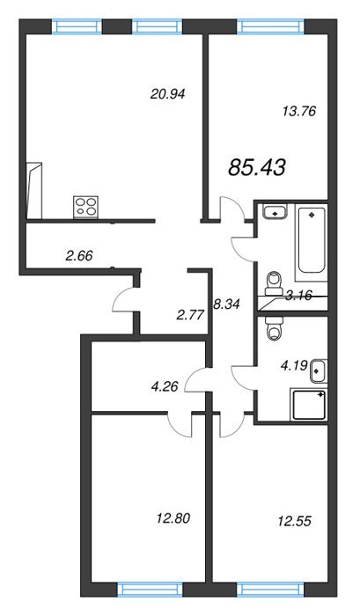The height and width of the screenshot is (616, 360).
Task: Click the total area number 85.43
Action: pyautogui.click(x=257, y=168)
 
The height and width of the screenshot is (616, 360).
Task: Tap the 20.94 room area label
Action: pyautogui.click(x=167, y=94)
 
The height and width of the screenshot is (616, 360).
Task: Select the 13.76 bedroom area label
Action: pyautogui.click(x=299, y=111)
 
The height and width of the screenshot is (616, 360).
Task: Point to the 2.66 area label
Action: pyautogui.click(x=79, y=256)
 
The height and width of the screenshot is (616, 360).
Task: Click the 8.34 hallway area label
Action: pyautogui.click(x=225, y=304)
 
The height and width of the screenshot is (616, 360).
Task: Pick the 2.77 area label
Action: pyautogui.click(x=191, y=315)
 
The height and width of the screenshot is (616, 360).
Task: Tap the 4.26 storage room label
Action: pyautogui.click(x=165, y=386)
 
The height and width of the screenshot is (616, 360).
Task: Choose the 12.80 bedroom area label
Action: pyautogui.click(x=173, y=518)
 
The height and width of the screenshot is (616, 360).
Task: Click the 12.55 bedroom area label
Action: pyautogui.click(x=294, y=521)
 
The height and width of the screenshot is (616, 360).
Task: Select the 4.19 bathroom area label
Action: pyautogui.click(x=293, y=366)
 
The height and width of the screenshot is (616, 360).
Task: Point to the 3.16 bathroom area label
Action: pyautogui.click(x=299, y=296)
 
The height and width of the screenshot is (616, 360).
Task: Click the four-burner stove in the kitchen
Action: pyautogui.click(x=85, y=207)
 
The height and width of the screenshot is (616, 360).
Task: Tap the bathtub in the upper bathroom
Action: pyautogui.click(x=312, y=240)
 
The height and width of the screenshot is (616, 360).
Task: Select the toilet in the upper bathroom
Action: pyautogui.click(x=274, y=282)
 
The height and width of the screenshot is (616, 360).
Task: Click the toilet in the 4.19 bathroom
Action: pyautogui.click(x=274, y=328)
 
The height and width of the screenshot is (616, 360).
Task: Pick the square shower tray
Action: pyautogui.click(x=309, y=404)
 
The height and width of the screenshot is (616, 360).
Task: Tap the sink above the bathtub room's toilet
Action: pyautogui.click(x=275, y=212)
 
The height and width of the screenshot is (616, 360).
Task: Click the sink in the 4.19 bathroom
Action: pyautogui.click(x=318, y=370)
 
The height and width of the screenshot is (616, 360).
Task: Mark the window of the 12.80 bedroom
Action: pyautogui.click(x=151, y=590)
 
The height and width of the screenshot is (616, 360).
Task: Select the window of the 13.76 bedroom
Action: pyautogui.click(x=271, y=26)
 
